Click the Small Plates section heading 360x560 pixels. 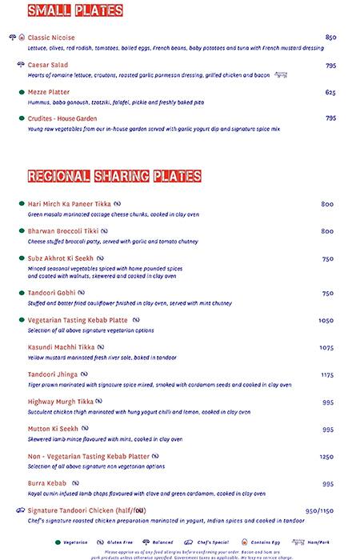[x=75, y=10]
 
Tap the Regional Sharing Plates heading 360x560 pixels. [x=114, y=176]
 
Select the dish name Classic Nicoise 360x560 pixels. [x=50, y=38]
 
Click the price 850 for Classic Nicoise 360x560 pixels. [x=330, y=38]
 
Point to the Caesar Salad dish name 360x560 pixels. [x=48, y=66]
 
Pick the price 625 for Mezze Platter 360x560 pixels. [x=330, y=92]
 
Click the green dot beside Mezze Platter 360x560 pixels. [x=21, y=92]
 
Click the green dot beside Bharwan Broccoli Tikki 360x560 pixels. [x=21, y=231]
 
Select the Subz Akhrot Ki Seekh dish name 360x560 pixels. [x=61, y=258]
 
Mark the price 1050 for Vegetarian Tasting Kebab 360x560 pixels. [x=326, y=320]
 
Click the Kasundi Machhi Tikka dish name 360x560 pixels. [x=62, y=347]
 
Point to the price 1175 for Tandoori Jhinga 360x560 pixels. [x=326, y=374]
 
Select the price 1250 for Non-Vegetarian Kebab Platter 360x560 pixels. [x=326, y=457]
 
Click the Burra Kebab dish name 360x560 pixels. [x=47, y=484]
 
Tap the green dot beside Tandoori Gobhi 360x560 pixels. [x=21, y=294]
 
